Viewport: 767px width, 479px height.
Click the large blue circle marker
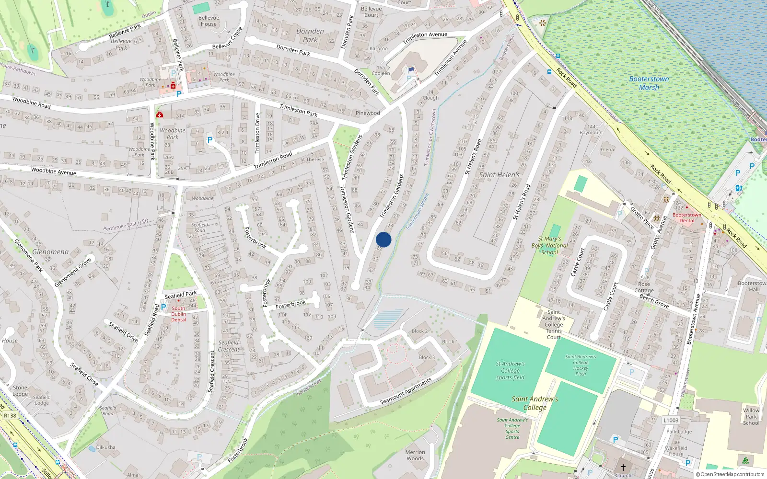pyautogui.click(x=383, y=239)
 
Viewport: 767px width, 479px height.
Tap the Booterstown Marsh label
pyautogui.click(x=649, y=83)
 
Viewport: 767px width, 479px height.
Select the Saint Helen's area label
pyautogui.click(x=499, y=175)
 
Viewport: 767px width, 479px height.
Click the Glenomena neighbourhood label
pyautogui.click(x=50, y=252)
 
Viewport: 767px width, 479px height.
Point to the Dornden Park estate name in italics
pyautogui.click(x=310, y=35)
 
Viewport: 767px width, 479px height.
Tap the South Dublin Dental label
pyautogui.click(x=178, y=314)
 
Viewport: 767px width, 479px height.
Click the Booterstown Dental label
pyautogui.click(x=686, y=217)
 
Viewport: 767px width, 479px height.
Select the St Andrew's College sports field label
pyautogui.click(x=510, y=370)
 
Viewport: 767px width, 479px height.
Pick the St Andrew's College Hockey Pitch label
pyautogui.click(x=581, y=365)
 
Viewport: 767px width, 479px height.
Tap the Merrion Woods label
pyautogui.click(x=415, y=455)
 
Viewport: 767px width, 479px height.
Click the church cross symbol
pyautogui.click(x=623, y=467)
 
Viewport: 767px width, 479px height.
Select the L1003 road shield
pyautogui.click(x=671, y=420)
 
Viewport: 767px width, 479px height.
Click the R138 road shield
pyautogui.click(x=10, y=415)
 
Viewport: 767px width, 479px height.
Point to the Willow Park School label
pyautogui.click(x=751, y=416)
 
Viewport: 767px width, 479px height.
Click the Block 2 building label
pyautogui.click(x=420, y=331)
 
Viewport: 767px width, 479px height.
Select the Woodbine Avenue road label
pyautogui.click(x=53, y=171)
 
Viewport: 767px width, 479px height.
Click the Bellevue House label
pyautogui.click(x=209, y=21)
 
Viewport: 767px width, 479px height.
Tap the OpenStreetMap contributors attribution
pyautogui.click(x=730, y=474)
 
